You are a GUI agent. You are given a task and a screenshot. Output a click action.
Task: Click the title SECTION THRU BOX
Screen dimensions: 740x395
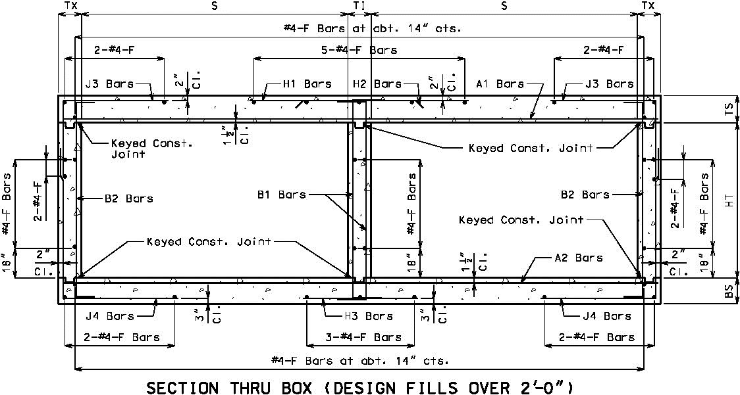click(229, 388)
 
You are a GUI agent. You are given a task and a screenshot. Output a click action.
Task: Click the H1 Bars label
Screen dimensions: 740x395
click(307, 84)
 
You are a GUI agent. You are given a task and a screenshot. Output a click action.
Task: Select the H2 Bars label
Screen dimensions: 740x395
click(377, 84)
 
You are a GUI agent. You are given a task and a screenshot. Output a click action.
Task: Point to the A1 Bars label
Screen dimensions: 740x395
click(500, 84)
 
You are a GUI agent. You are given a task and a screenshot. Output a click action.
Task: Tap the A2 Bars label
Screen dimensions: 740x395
click(579, 258)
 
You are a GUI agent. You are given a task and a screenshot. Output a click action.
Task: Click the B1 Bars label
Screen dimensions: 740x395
click(282, 194)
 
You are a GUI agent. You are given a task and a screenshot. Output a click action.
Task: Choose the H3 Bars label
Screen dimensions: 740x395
click(369, 316)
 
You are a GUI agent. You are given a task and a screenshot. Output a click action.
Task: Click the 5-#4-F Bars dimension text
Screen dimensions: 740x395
click(359, 49)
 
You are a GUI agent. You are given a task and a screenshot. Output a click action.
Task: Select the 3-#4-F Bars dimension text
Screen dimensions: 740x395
click(364, 337)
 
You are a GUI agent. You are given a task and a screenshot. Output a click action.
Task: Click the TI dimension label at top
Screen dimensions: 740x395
click(359, 6)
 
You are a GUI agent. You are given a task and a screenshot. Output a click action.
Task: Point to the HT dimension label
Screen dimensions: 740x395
click(730, 201)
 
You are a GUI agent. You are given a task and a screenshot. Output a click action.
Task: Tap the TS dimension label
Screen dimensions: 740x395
click(730, 109)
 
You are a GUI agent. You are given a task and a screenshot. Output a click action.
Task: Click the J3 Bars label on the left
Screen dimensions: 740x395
click(109, 84)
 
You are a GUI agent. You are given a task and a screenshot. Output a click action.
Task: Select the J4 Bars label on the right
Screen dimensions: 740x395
click(607, 316)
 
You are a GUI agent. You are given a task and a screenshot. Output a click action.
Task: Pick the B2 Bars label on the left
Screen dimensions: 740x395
click(129, 198)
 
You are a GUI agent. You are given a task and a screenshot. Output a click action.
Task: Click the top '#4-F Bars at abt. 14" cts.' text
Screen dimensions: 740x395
click(373, 28)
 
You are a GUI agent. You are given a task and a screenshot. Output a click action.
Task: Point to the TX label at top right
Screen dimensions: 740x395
click(648, 6)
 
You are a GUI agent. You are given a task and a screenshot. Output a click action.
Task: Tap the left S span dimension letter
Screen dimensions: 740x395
click(215, 6)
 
